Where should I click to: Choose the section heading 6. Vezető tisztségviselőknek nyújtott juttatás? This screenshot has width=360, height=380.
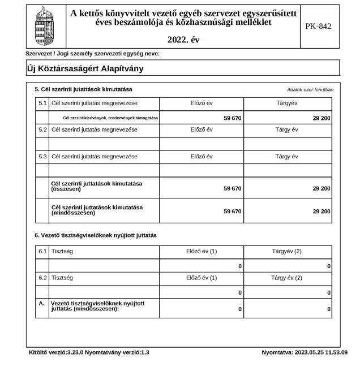95,234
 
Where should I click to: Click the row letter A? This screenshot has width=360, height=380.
41,306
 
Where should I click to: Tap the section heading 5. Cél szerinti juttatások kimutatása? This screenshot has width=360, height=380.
83,90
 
